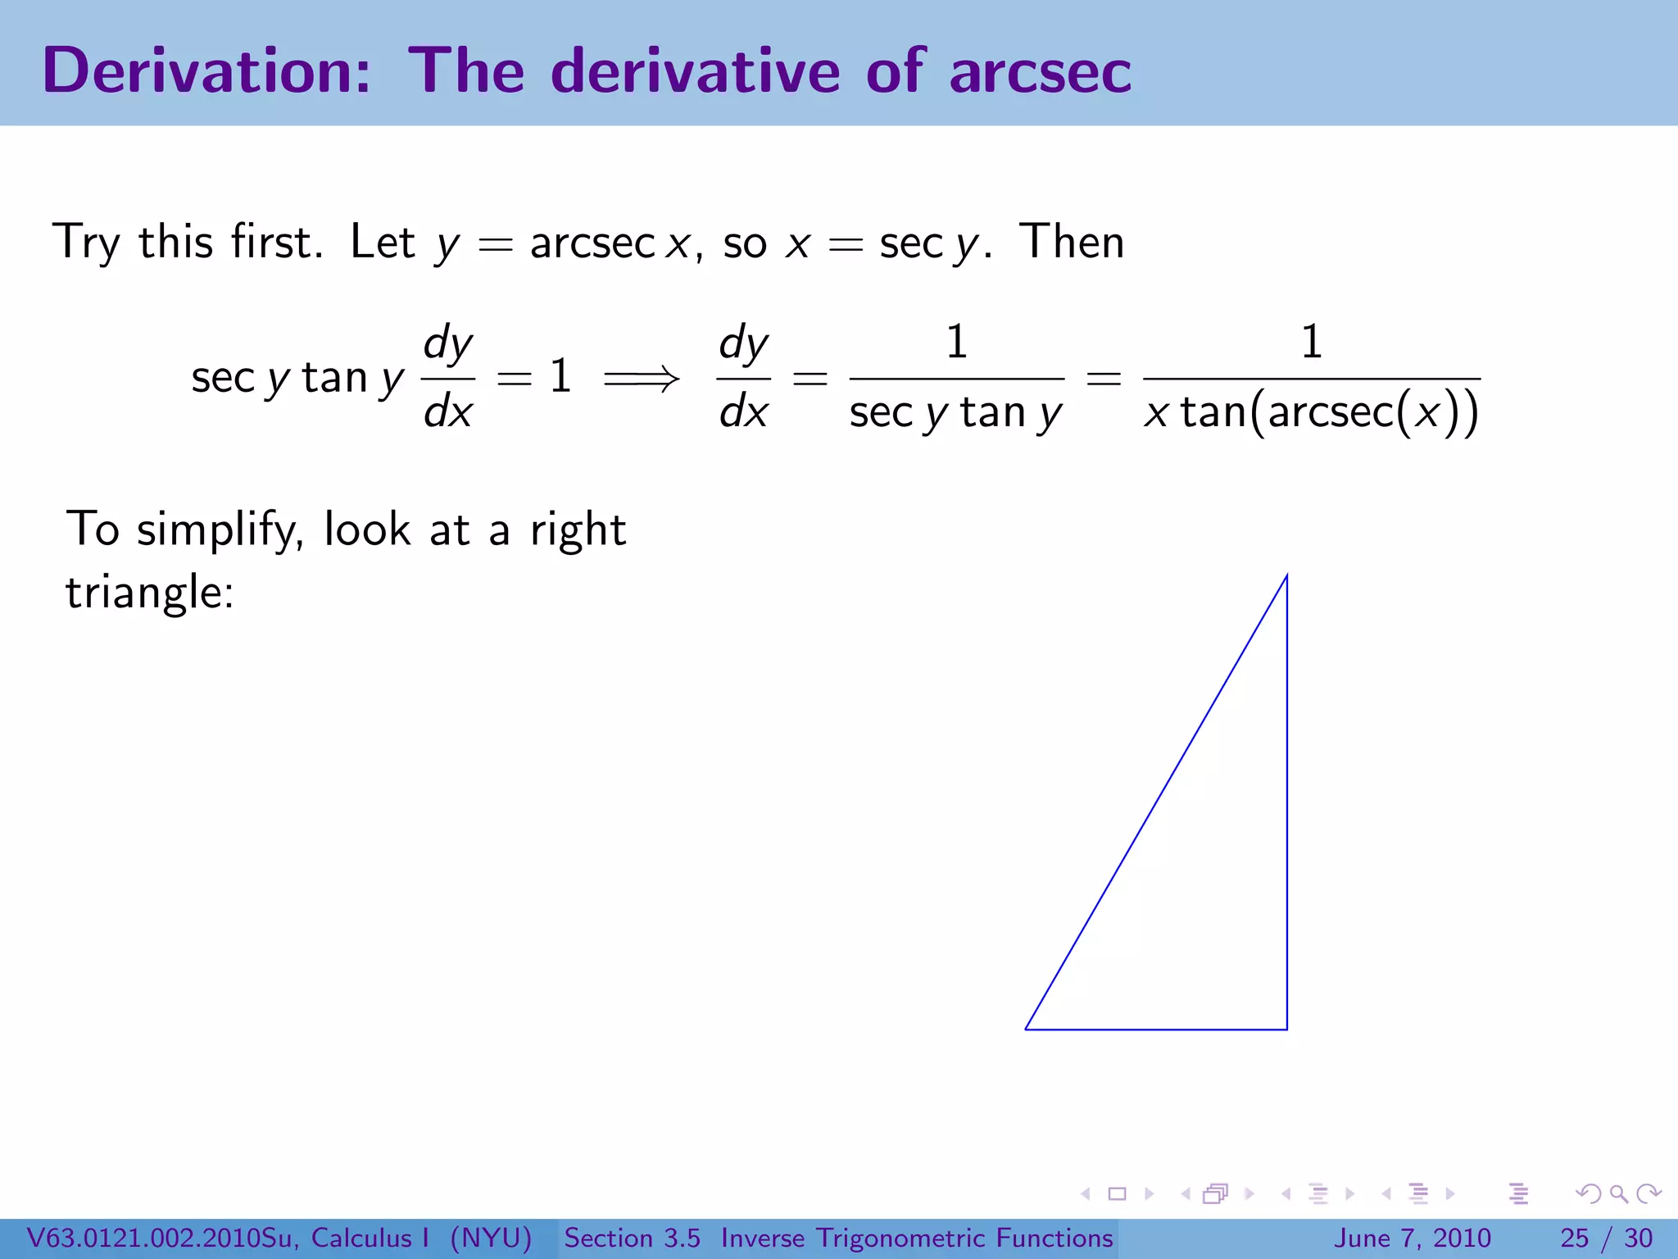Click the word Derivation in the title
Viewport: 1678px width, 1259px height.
pos(206,71)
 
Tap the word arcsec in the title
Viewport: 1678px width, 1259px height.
pos(1040,71)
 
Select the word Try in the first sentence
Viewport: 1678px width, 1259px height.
pos(86,243)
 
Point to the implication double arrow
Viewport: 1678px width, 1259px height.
pos(642,379)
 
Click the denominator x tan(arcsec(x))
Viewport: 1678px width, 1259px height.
pos(1311,412)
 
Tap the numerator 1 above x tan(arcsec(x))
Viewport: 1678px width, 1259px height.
pos(1311,342)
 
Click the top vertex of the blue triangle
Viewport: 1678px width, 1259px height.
pos(1286,576)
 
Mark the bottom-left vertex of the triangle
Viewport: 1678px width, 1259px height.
pos(1027,1028)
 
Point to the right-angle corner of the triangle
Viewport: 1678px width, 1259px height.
pos(1286,1028)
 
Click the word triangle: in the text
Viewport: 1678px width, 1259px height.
pos(150,593)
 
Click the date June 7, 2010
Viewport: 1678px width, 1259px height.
pos(1413,1238)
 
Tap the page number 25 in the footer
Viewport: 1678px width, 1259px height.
pos(1574,1238)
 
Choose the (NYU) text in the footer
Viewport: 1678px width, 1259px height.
pos(491,1238)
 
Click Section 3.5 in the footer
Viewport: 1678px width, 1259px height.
pos(632,1238)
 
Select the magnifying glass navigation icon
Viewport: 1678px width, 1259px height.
pos(1618,1194)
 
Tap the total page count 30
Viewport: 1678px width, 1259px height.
pos(1638,1238)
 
